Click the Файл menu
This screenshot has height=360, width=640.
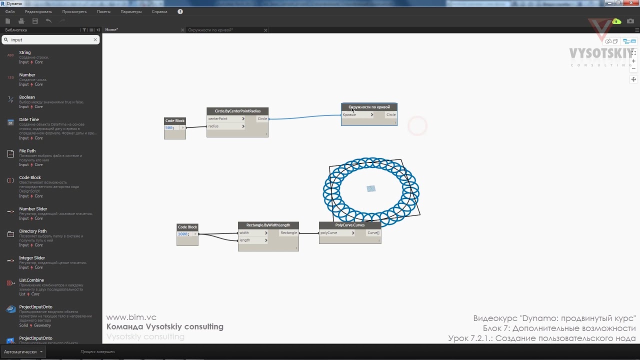pyautogui.click(x=10, y=11)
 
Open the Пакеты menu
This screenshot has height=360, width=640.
pyautogui.click(x=103, y=11)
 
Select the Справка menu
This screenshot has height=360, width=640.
pyautogui.click(x=159, y=11)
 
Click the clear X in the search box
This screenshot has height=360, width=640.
pyautogui.click(x=95, y=39)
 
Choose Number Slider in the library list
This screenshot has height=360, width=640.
pyautogui.click(x=33, y=209)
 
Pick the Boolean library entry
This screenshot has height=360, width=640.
pyautogui.click(x=27, y=97)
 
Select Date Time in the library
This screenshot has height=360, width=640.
pyautogui.click(x=29, y=120)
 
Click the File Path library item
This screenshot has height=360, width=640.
pyautogui.click(x=27, y=151)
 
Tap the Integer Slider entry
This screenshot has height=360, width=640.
pyautogui.click(x=32, y=258)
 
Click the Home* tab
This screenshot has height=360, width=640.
pyautogui.click(x=111, y=30)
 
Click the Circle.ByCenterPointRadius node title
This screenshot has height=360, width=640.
pyautogui.click(x=237, y=111)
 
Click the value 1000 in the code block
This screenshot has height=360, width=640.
pyautogui.click(x=183, y=234)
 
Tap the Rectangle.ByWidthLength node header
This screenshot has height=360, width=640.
pyautogui.click(x=268, y=225)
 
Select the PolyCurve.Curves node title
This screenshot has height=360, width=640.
pyautogui.click(x=349, y=225)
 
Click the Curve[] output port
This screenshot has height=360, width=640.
pyautogui.click(x=373, y=233)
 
